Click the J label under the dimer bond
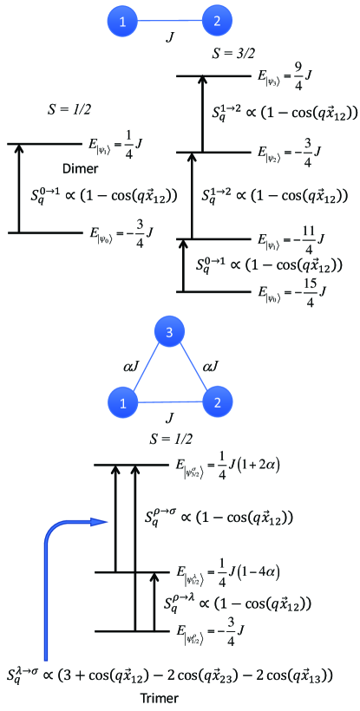pos(171,39)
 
